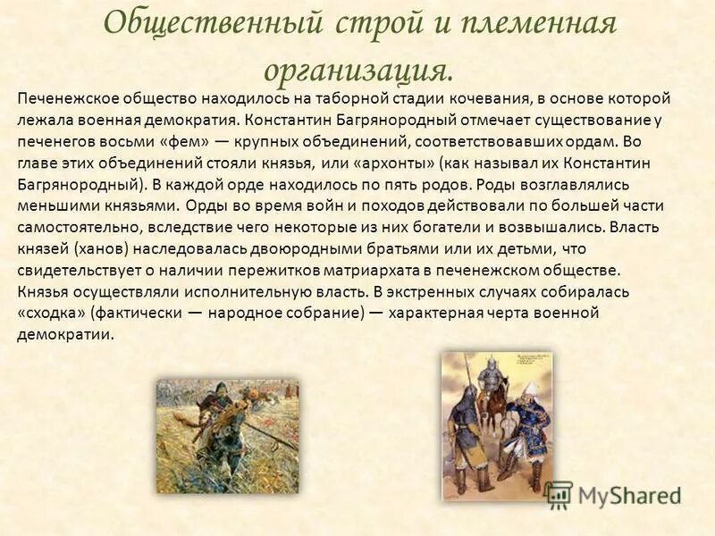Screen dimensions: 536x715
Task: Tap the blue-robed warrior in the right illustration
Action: pyautogui.click(x=527, y=429)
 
